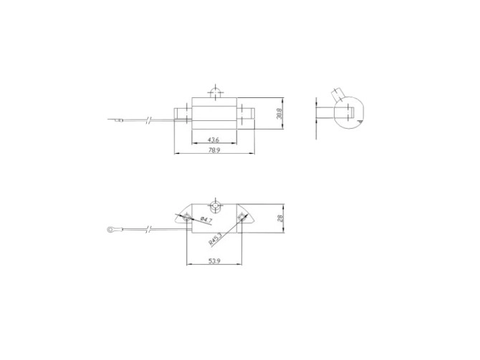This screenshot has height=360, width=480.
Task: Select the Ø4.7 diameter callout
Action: tap(204, 218)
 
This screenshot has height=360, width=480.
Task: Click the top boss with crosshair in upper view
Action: tap(213, 93)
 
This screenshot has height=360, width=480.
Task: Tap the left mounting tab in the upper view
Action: tap(183, 114)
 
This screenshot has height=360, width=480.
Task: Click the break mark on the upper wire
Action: tap(149, 119)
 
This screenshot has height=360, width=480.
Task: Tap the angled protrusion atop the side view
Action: tap(335, 95)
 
